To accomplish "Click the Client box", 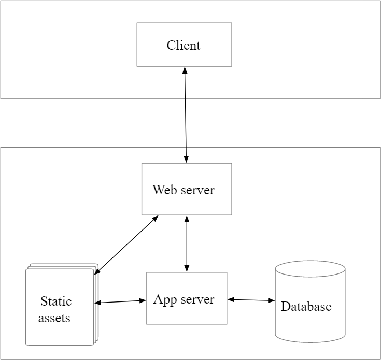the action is point(185,45).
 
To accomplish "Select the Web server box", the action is point(187,189).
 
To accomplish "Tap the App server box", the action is point(187,298).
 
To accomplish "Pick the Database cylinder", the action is point(311,302).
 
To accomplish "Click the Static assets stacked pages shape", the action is point(62,305).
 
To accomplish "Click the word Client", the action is point(184,46).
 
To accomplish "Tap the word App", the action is point(165,300).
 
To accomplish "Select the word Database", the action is point(306,306).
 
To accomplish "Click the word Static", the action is point(56,301).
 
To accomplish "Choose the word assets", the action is point(54,318).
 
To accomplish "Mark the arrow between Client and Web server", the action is point(186,115).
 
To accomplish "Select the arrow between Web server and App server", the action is point(187,244).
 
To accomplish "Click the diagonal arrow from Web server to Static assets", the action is point(126,245).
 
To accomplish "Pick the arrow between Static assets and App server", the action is point(120,302).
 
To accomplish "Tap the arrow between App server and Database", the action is point(251,300).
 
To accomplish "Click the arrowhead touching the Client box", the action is point(185,70).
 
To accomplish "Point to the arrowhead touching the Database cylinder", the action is point(272,300).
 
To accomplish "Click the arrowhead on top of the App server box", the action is point(187,268).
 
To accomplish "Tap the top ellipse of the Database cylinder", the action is point(311,269).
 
